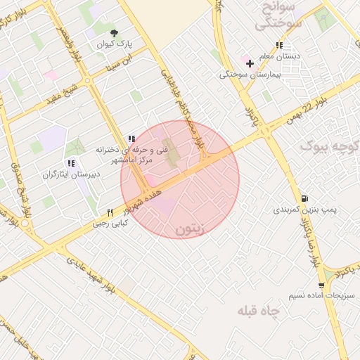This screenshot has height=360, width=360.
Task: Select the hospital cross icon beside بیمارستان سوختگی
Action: tap(250, 63)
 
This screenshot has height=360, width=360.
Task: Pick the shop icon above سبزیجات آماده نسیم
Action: tap(321, 285)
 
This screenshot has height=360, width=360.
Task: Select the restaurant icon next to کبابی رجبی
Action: tap(110, 212)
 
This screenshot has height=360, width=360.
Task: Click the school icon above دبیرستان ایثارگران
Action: tap(71, 163)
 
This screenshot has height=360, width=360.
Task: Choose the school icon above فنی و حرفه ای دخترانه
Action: tap(131, 139)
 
